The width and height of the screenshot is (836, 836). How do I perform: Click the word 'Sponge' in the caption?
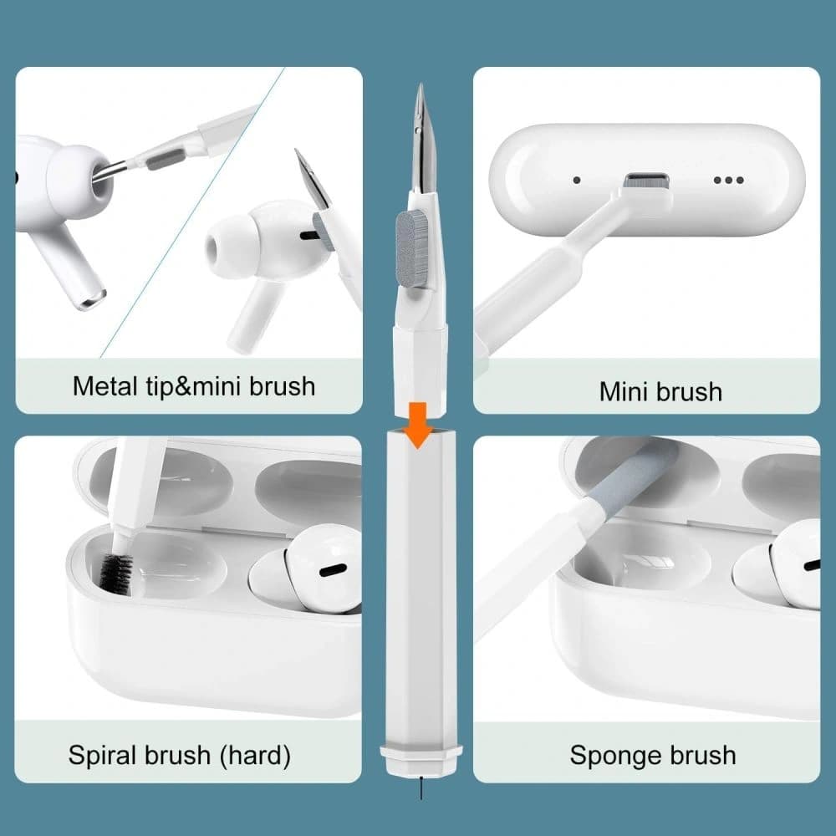pyautogui.click(x=608, y=755)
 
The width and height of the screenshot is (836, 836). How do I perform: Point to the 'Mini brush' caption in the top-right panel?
pyautogui.click(x=660, y=391)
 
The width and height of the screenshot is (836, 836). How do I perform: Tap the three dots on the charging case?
pyautogui.click(x=728, y=180)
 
